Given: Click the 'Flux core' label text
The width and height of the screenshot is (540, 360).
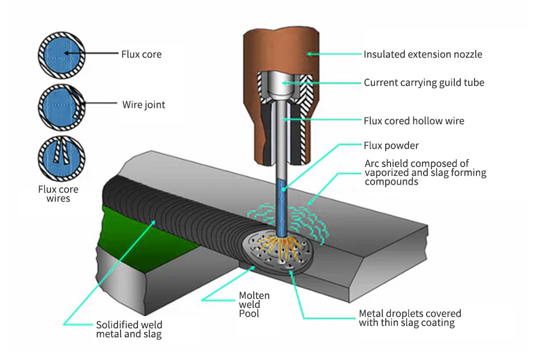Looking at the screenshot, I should tap(141, 55).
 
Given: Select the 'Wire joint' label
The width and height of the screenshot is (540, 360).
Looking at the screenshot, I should tap(143, 105).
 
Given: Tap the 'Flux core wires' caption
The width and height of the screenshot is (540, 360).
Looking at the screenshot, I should tap(58, 194).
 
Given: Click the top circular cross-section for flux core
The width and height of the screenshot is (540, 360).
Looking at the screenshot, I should tap(61, 54).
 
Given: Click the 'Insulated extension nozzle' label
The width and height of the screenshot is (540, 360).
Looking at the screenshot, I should tap(422, 55).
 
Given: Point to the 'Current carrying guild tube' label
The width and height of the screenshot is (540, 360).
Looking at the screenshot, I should tap(424, 83).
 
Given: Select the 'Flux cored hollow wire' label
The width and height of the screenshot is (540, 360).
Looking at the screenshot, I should tap(413, 121).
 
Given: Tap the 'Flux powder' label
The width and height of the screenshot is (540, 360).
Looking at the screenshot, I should tap(391, 146).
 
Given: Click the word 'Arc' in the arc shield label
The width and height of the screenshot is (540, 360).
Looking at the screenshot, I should tap(372, 164).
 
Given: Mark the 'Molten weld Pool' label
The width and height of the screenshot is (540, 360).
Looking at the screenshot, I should tap(254, 304).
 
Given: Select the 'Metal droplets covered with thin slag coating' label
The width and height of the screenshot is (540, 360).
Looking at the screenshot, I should tap(410, 318).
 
